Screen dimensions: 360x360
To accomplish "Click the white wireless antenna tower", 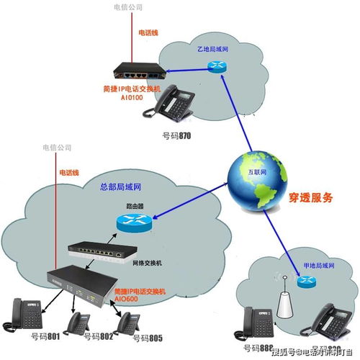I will (x=283, y=302).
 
